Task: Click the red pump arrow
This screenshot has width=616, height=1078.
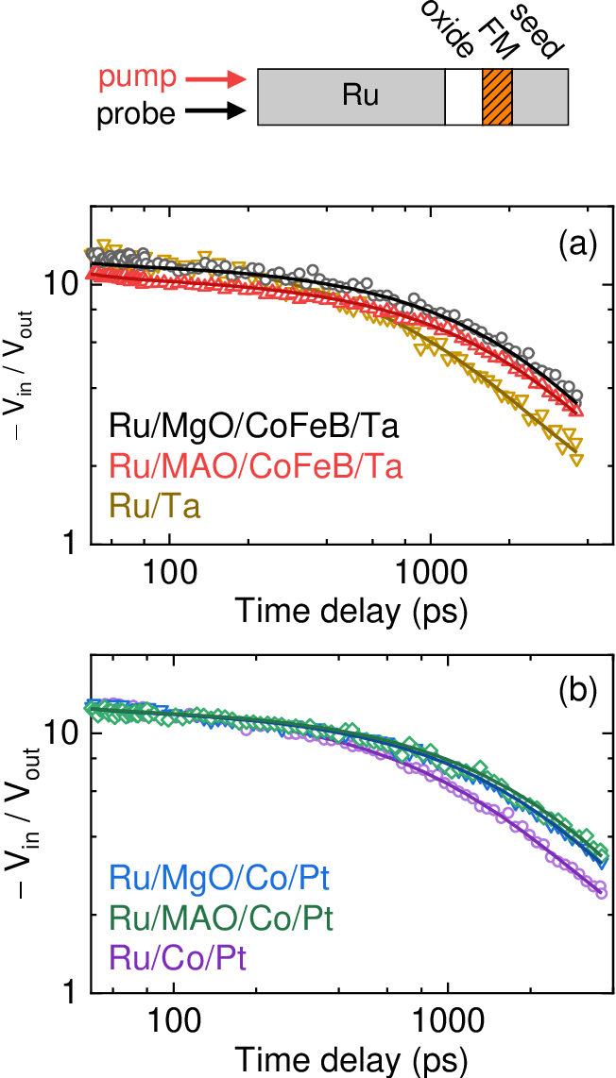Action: tap(216, 80)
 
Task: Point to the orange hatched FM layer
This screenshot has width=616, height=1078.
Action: tap(497, 96)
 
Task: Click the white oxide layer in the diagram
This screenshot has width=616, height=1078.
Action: tap(463, 96)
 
